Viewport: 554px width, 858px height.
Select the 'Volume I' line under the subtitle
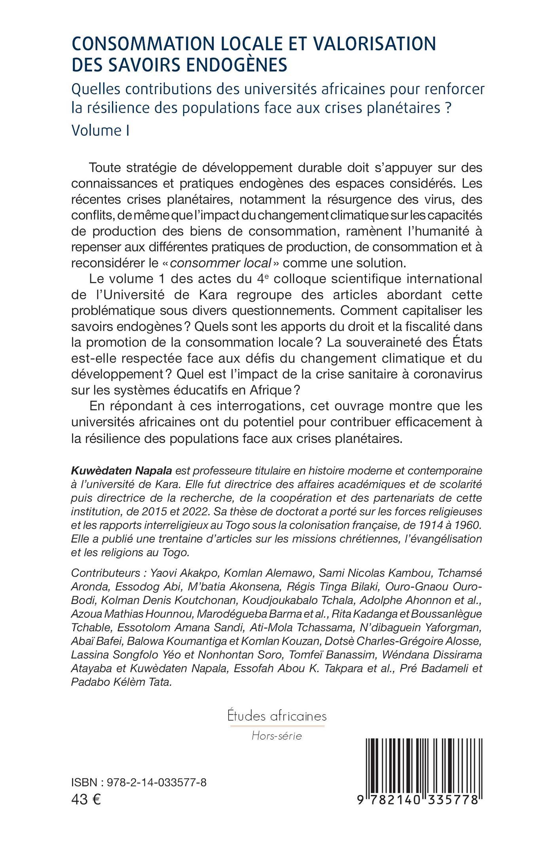(101, 130)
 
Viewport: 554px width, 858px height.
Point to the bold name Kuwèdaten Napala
(121, 471)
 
